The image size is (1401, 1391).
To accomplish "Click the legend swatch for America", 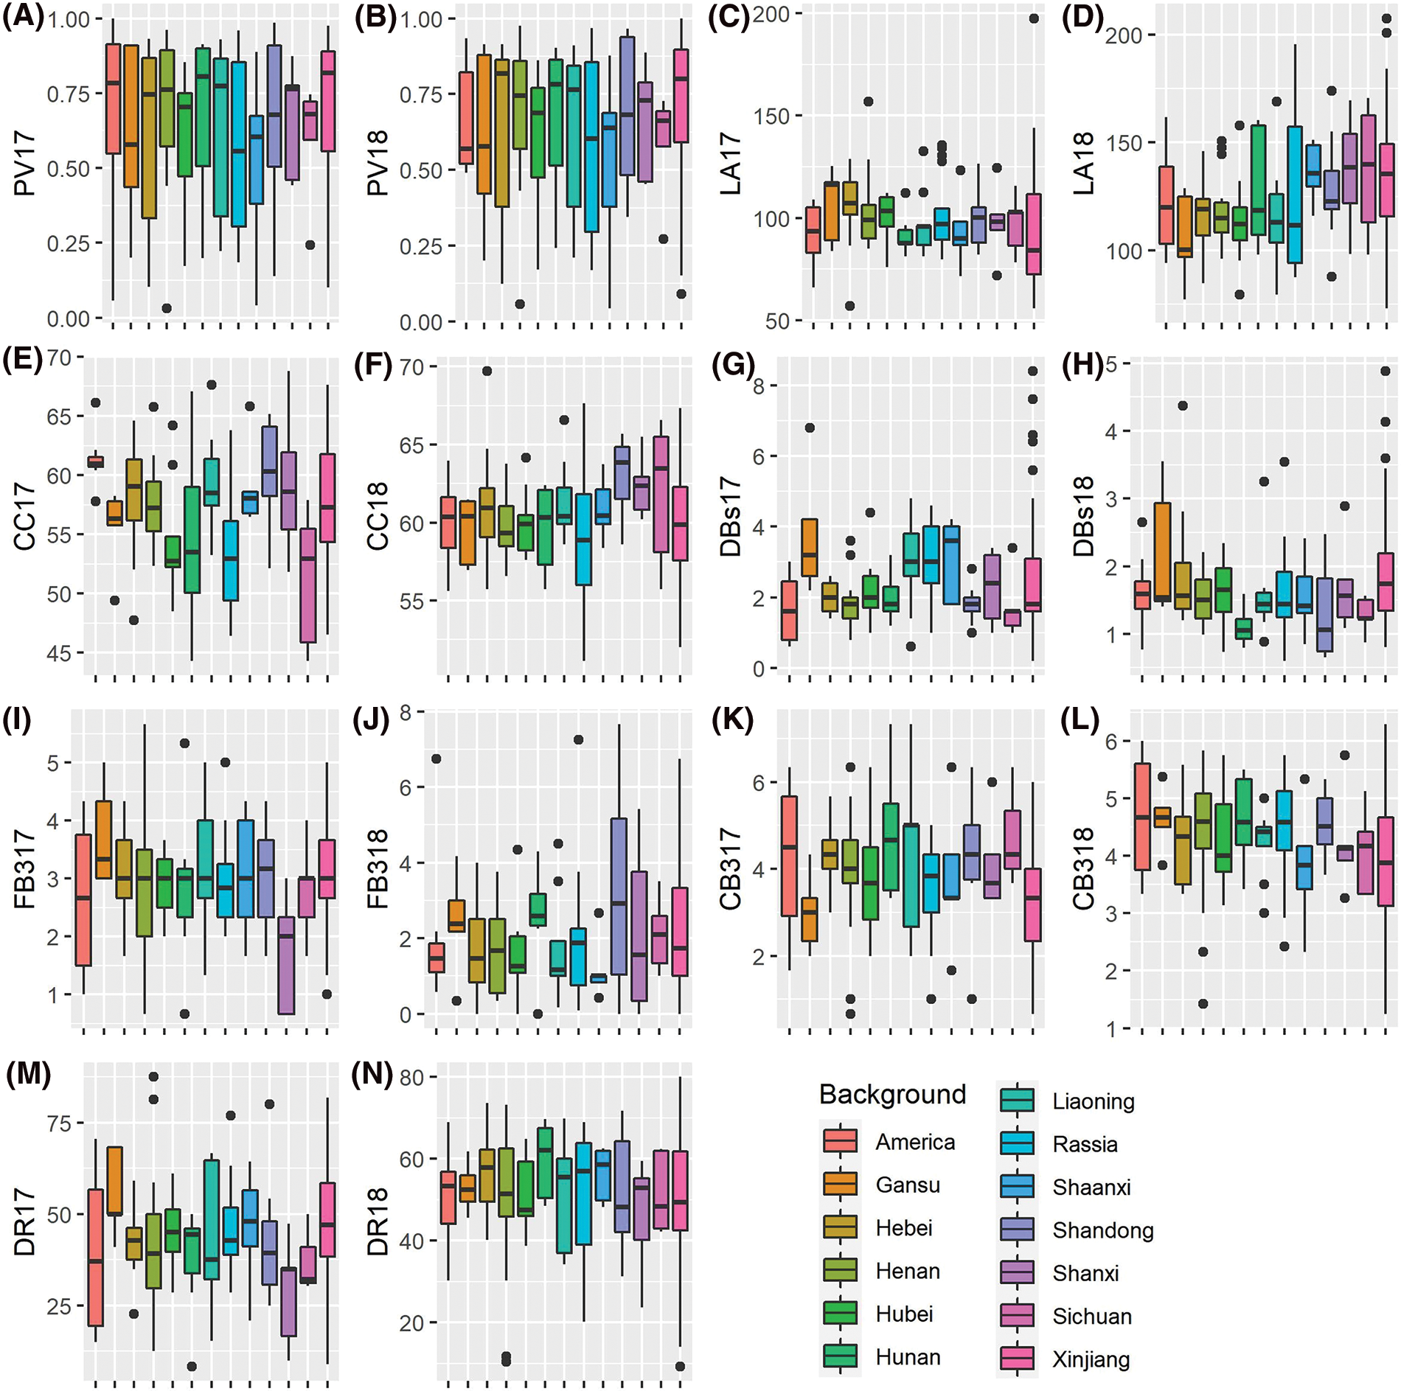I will point(840,1141).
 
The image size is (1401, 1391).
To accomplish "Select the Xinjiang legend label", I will point(1091,1359).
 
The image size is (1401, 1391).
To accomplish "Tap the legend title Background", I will point(892,1094).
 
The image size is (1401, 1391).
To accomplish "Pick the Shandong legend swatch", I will point(1017,1229).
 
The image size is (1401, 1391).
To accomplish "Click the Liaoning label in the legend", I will point(1093,1101).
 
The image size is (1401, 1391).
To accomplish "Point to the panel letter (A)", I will point(23,16).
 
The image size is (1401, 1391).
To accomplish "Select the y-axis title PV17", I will point(24,164).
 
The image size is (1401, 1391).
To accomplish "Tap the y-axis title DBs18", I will point(1083,516).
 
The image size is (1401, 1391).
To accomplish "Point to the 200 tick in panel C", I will point(771,14).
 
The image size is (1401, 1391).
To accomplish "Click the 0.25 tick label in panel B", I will point(421,246).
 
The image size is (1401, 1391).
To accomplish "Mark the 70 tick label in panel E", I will point(60,358).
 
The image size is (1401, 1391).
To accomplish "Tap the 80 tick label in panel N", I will point(412,1078).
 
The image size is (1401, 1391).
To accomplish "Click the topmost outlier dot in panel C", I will point(1034,18).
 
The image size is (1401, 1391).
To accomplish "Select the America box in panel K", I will point(789,856).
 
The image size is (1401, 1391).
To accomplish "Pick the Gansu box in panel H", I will point(1163,551).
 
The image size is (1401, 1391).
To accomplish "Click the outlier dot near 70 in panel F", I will point(487,371).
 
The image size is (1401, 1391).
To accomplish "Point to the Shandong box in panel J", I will point(619,896).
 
